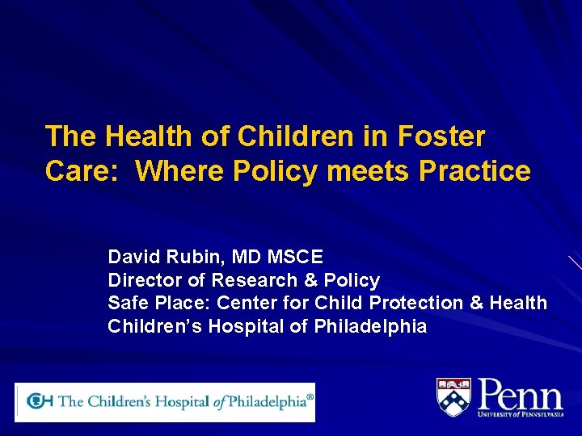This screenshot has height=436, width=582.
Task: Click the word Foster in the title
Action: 445,136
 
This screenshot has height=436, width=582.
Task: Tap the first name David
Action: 134,258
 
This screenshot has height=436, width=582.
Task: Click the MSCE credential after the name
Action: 295,258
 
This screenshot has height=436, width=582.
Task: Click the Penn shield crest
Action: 453,397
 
